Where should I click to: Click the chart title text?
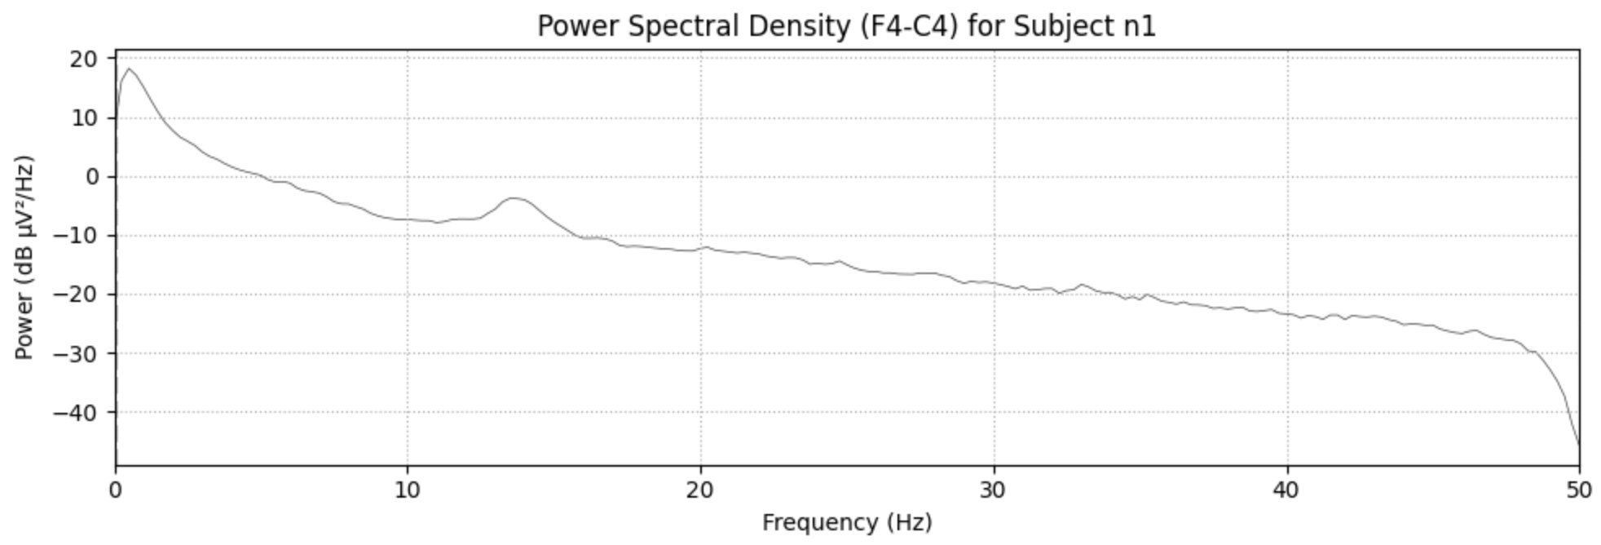846,26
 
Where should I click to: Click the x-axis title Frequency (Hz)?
847,522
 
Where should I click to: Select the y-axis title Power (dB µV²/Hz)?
24,257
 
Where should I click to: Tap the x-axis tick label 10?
407,490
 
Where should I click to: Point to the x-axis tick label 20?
700,490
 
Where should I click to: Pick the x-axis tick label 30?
994,490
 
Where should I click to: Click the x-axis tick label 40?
1287,490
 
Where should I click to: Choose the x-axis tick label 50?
1579,490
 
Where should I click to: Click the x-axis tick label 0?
116,490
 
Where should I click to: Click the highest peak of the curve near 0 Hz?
129,69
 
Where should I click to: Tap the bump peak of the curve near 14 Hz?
515,197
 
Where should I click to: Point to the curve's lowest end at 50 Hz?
1579,444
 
